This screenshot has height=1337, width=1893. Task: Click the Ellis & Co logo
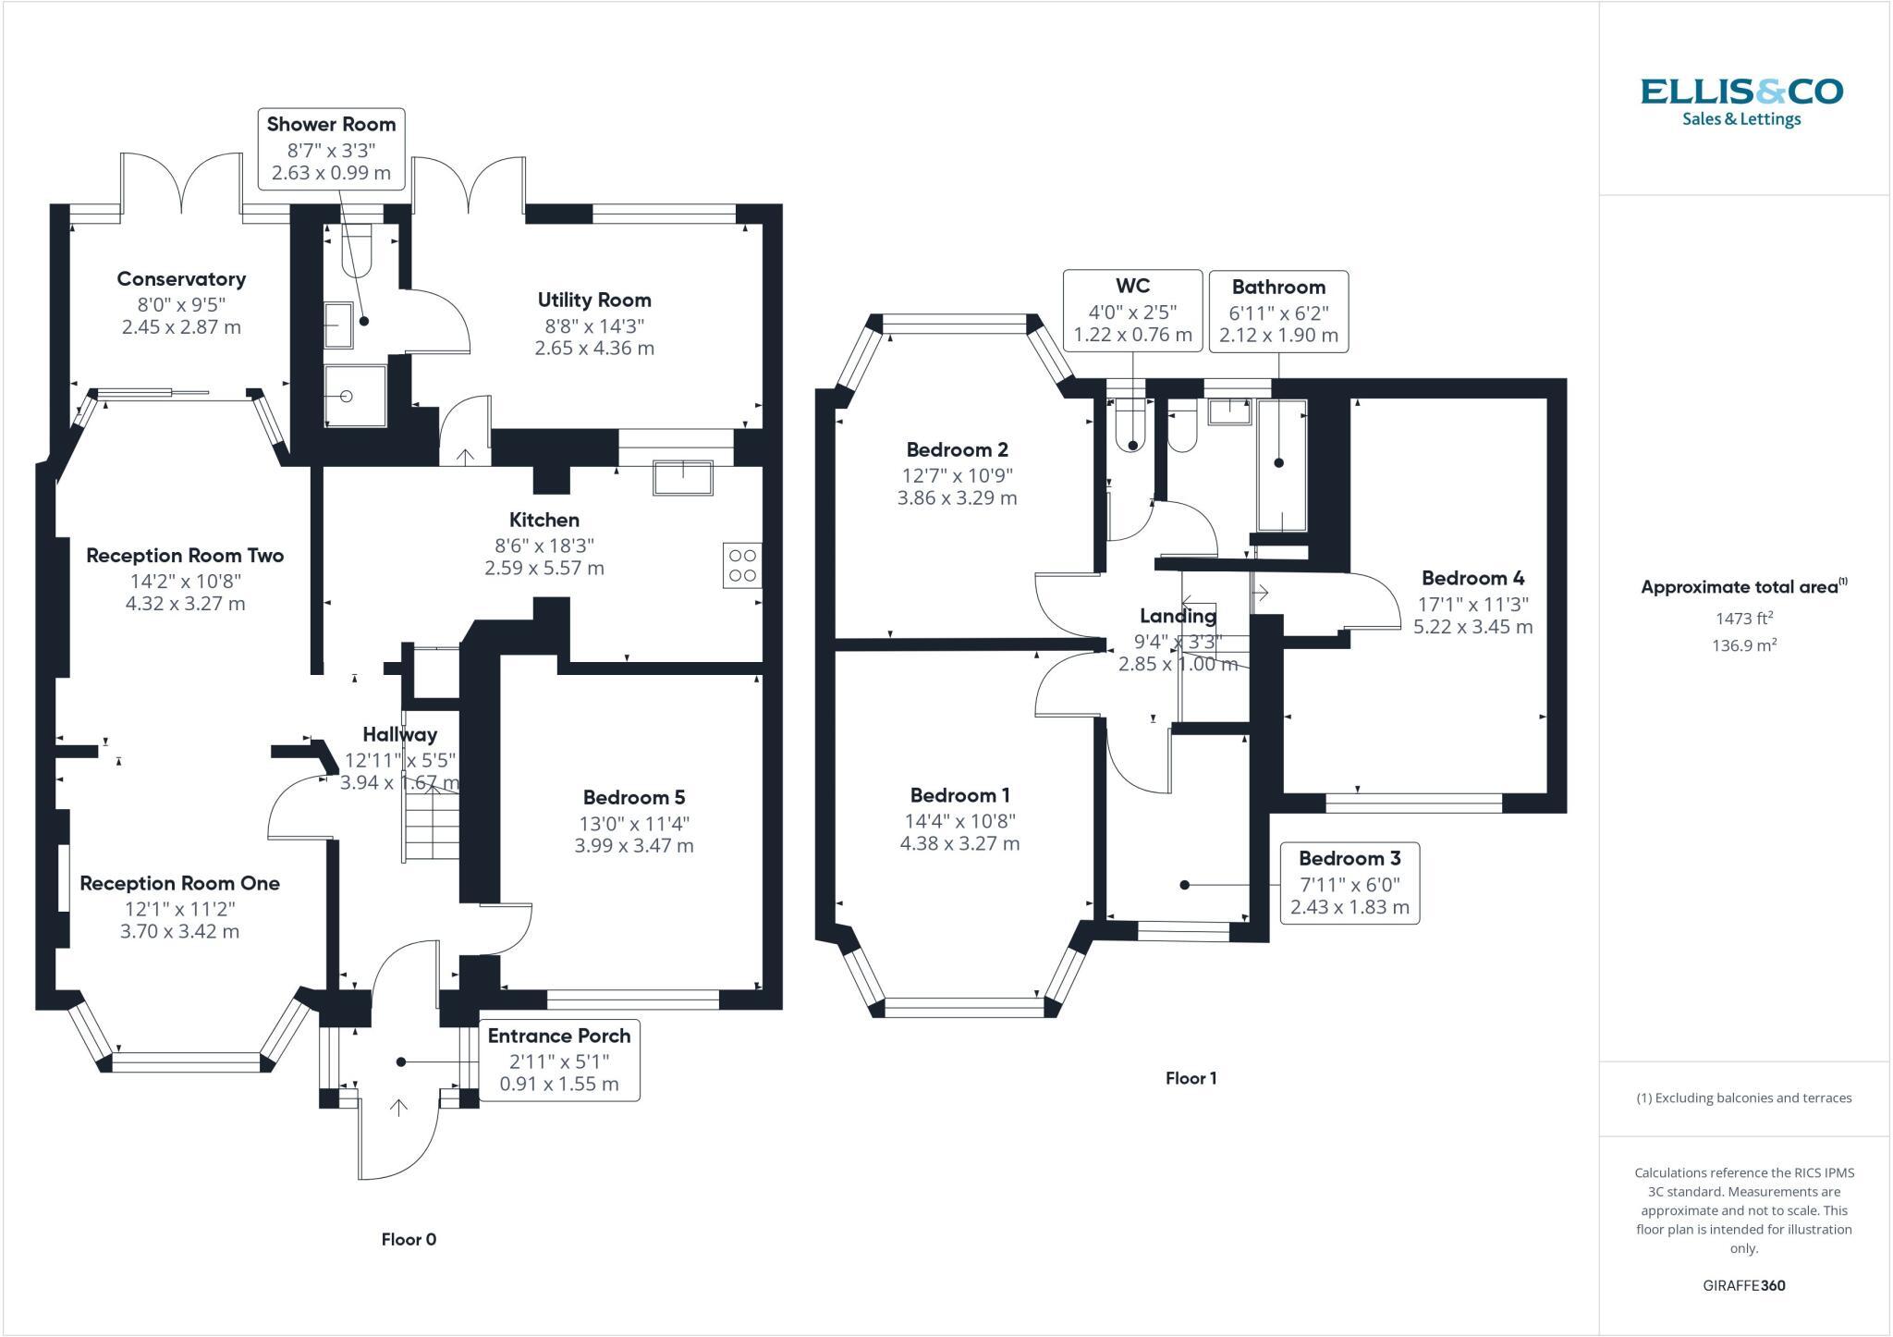coord(1741,102)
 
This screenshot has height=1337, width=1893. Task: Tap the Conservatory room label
coord(181,279)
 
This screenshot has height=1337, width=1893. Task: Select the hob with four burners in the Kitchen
coord(742,565)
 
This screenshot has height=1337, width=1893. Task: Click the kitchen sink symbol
coord(683,478)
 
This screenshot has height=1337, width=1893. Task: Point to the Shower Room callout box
coord(331,149)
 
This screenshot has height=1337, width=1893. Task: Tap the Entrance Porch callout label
coord(558,1060)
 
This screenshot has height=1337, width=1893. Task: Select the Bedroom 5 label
coord(634,797)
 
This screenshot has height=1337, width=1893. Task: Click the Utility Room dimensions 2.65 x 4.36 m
coord(594,349)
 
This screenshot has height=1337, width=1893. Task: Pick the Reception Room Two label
coord(185,556)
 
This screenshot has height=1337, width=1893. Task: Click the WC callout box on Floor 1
coord(1132,311)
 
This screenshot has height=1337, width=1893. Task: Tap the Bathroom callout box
coord(1278,311)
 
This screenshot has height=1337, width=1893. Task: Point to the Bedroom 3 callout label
coord(1350,882)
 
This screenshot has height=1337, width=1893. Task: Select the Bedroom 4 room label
coord(1472,579)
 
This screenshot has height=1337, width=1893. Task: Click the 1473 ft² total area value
coord(1743,619)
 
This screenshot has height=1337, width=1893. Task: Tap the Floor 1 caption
coord(1191,1078)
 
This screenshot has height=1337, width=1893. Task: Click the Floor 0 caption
coord(409,1240)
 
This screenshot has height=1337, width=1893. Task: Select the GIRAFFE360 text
coord(1743,1285)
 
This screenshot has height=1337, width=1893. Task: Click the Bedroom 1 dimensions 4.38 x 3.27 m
coord(959,843)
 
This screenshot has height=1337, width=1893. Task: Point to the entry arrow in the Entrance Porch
coord(399,1108)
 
